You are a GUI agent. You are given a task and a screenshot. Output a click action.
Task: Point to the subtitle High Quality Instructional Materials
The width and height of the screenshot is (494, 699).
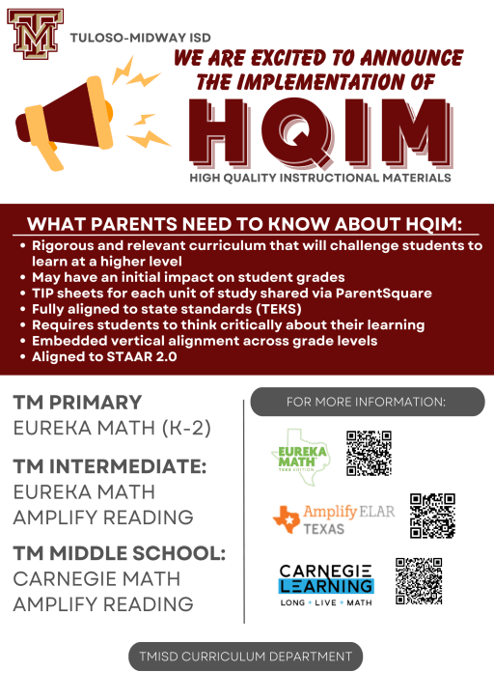tap(320, 179)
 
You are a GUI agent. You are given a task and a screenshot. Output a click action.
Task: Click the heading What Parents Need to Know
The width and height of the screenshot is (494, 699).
tap(246, 225)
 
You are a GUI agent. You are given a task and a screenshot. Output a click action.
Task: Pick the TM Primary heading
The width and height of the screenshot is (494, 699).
tap(77, 403)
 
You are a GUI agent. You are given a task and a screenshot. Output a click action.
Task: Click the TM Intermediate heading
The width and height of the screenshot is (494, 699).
tap(109, 466)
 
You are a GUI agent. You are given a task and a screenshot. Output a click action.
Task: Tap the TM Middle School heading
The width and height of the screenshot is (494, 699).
tap(119, 554)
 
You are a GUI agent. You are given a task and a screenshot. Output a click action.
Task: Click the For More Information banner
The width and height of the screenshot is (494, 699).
tap(367, 402)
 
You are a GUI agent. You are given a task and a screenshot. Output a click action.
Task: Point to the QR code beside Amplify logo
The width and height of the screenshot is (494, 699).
tap(431, 515)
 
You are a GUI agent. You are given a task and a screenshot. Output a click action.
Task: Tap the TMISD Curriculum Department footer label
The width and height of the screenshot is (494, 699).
tap(246, 657)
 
